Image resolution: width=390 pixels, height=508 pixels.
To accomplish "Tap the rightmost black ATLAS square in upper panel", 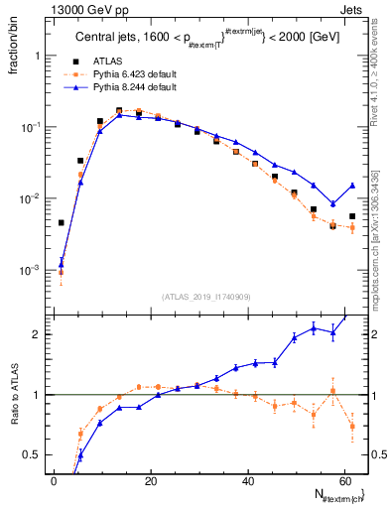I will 352,216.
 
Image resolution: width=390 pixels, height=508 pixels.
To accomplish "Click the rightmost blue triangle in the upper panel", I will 352,186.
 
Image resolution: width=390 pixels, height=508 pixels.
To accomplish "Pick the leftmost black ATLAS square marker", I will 62,223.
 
